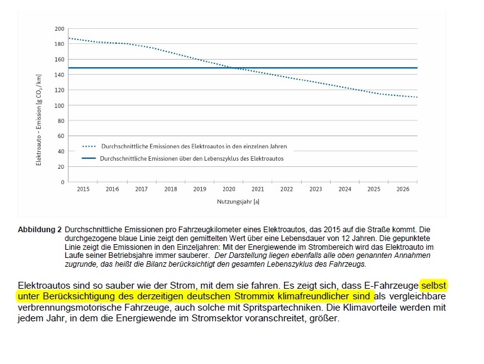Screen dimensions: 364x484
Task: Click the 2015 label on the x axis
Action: point(83,189)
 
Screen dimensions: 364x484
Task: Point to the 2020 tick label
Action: point(229,189)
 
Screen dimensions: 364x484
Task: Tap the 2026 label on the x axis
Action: point(403,189)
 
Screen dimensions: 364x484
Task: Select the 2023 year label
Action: point(316,189)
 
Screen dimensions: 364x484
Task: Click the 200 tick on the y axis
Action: point(60,29)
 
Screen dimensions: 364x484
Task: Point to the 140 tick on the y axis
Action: point(60,75)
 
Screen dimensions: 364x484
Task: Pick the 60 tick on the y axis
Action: point(61,136)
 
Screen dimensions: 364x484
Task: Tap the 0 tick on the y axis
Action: point(63,182)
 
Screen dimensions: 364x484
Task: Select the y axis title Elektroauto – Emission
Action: point(39,119)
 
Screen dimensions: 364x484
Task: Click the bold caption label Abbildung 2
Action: point(40,230)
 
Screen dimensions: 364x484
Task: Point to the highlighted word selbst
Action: point(434,285)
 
